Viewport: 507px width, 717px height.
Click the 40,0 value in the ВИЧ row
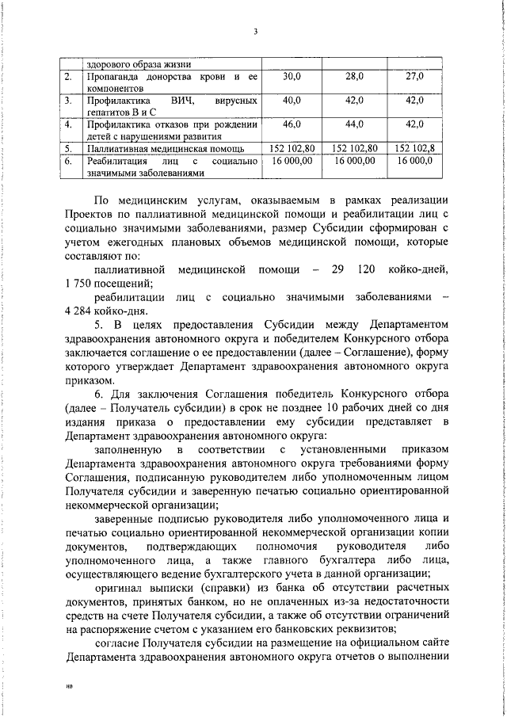point(292,101)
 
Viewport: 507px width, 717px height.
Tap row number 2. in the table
point(69,77)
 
